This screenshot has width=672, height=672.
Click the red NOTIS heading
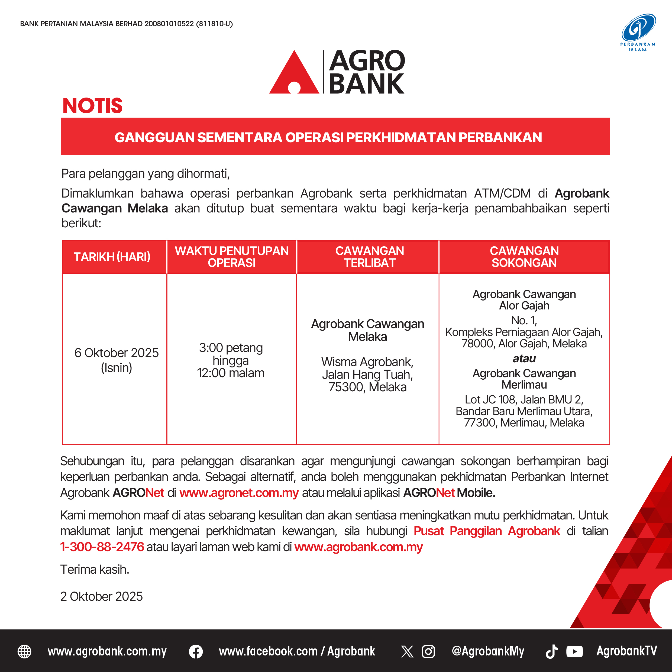click(x=92, y=106)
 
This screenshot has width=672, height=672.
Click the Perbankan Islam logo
click(x=638, y=32)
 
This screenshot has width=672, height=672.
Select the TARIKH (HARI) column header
click(x=112, y=257)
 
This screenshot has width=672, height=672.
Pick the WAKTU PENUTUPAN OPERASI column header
click(x=232, y=257)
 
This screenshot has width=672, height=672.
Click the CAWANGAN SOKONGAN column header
click(x=524, y=257)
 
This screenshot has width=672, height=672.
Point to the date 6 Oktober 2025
click(x=117, y=353)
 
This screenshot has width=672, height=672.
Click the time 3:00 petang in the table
click(x=231, y=348)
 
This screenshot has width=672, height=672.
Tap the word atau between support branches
click(x=524, y=358)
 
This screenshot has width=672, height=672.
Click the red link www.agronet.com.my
click(x=239, y=493)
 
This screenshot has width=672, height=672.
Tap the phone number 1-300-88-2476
click(x=102, y=547)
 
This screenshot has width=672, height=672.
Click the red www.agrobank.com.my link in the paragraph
click(x=358, y=547)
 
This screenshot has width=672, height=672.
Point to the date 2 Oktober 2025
click(x=102, y=596)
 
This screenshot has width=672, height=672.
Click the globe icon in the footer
click(x=24, y=651)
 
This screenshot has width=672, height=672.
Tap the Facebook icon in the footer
click(x=196, y=651)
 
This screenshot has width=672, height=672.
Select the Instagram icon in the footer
click(x=428, y=651)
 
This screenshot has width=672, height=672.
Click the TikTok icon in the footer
click(x=552, y=651)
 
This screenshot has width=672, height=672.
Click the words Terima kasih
click(x=95, y=569)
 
